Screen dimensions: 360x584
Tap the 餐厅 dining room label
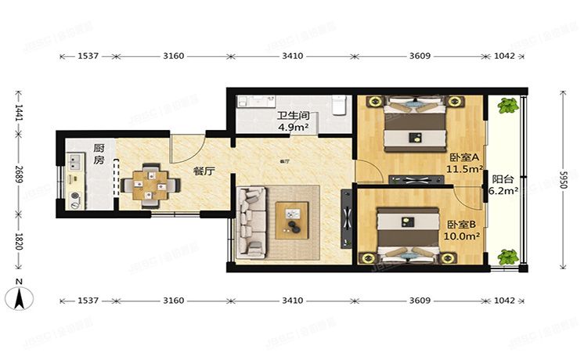coord(204,171)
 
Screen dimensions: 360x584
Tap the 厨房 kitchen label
coord(99,153)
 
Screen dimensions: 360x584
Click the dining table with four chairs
coord(149,185)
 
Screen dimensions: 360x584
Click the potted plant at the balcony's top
coord(509,105)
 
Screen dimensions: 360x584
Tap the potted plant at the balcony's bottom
coord(509,256)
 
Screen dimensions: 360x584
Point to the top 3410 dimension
coord(292,56)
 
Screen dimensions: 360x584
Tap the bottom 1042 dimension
coord(504,301)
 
